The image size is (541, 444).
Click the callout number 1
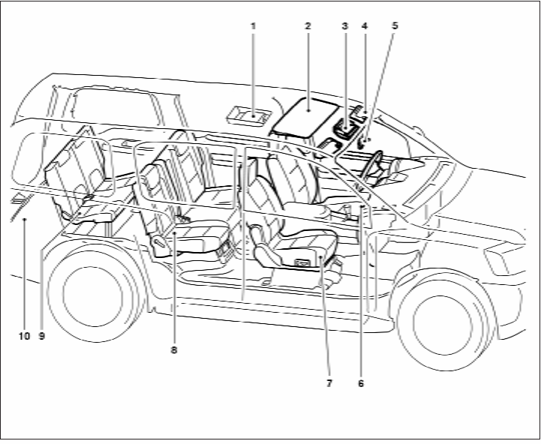point(253,26)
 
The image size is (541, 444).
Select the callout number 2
point(308,26)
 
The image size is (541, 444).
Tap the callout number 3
point(344,26)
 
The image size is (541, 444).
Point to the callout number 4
point(364,26)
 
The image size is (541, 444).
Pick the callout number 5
point(395,26)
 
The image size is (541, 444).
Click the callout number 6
point(361,382)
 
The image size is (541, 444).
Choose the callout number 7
point(328,382)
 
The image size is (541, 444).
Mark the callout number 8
point(174,349)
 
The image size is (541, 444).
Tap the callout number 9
point(42,336)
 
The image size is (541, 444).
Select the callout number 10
point(24,336)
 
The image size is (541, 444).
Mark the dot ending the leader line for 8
point(174,234)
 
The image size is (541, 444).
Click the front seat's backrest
point(289,180)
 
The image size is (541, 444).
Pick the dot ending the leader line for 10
point(24,219)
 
